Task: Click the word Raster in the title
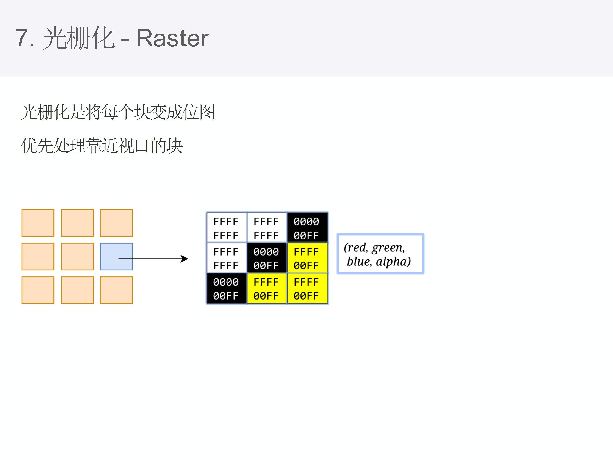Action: click(172, 38)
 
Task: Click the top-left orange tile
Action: click(38, 223)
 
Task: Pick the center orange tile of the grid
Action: click(77, 256)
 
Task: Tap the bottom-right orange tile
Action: click(116, 290)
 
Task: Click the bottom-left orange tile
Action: click(38, 290)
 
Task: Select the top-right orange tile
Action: click(116, 223)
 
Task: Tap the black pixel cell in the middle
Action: click(266, 258)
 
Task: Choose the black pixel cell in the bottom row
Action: click(226, 288)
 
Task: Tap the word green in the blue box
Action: click(388, 248)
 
